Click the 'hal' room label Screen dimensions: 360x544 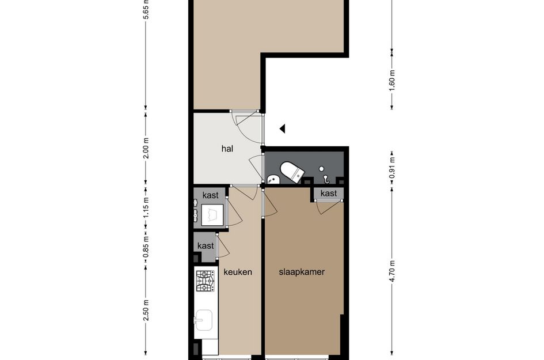click(227, 149)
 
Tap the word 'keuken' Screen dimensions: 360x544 click(238, 272)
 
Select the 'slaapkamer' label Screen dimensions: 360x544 click(302, 272)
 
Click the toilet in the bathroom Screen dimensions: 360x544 click(292, 172)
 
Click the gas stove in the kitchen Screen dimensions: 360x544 click(204, 282)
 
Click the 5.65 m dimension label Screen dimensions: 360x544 click(146, 10)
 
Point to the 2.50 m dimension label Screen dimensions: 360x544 click(146, 310)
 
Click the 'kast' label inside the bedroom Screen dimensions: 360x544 click(329, 194)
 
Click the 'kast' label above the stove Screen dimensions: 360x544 click(206, 246)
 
